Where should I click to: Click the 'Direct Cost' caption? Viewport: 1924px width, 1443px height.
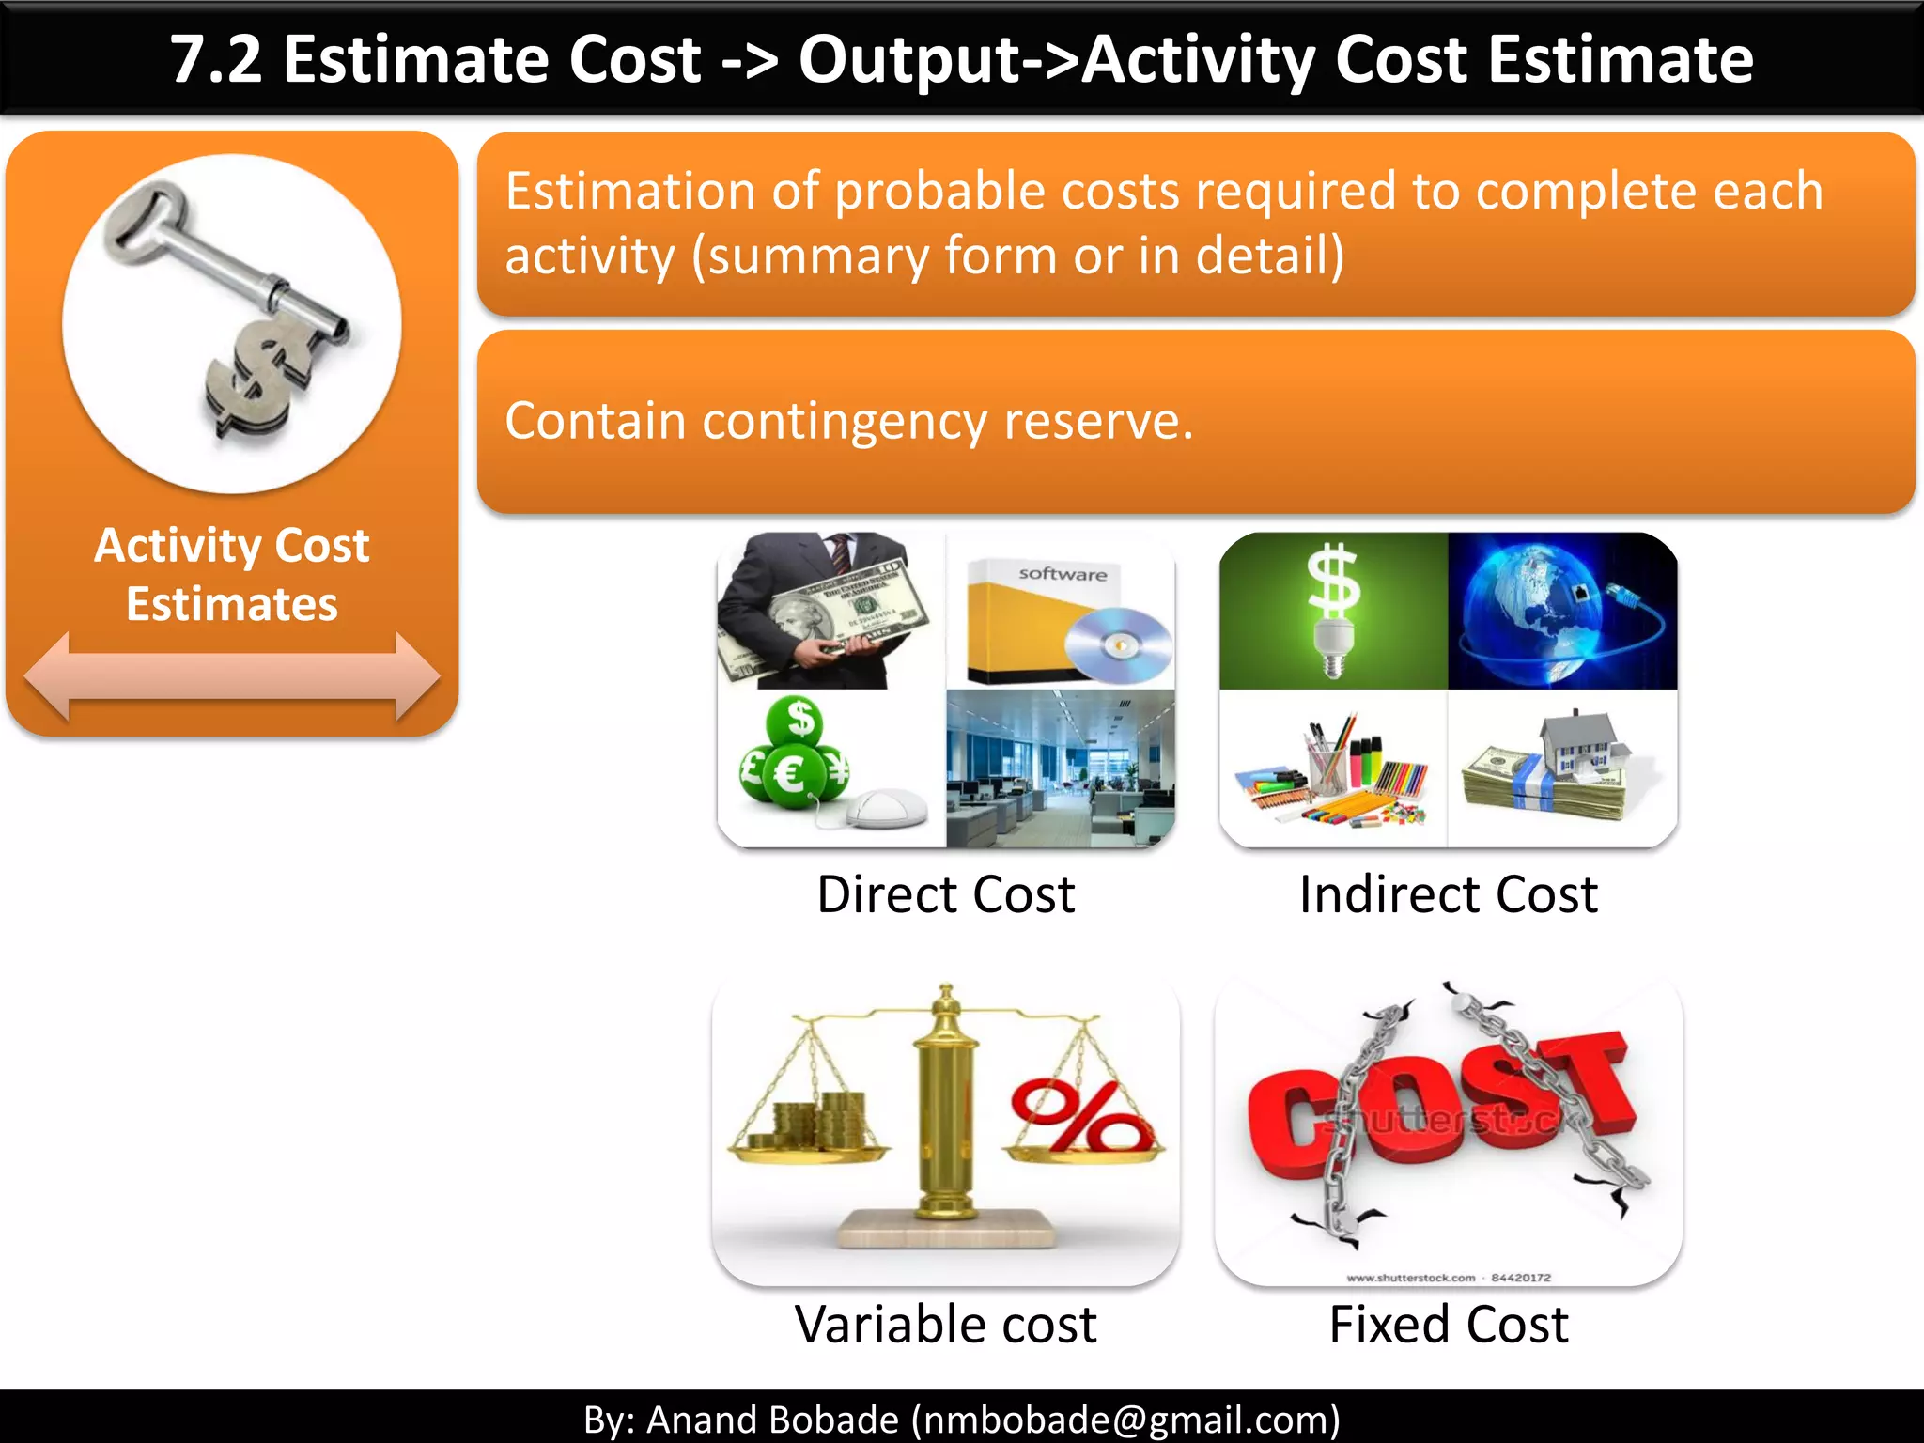tap(945, 894)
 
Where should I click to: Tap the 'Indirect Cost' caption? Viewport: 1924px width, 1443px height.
tap(1448, 894)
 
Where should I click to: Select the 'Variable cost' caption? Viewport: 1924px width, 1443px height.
tap(945, 1325)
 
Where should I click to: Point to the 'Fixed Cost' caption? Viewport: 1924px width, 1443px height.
tap(1448, 1325)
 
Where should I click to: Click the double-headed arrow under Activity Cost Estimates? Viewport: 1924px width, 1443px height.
tap(231, 676)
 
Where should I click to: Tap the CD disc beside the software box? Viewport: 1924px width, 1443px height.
tap(1118, 644)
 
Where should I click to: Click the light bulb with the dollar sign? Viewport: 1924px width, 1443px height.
tap(1332, 611)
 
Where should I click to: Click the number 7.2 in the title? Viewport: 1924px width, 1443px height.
tap(215, 59)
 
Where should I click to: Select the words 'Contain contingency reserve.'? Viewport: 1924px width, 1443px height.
tap(848, 421)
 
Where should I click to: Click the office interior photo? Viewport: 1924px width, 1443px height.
tap(1060, 768)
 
